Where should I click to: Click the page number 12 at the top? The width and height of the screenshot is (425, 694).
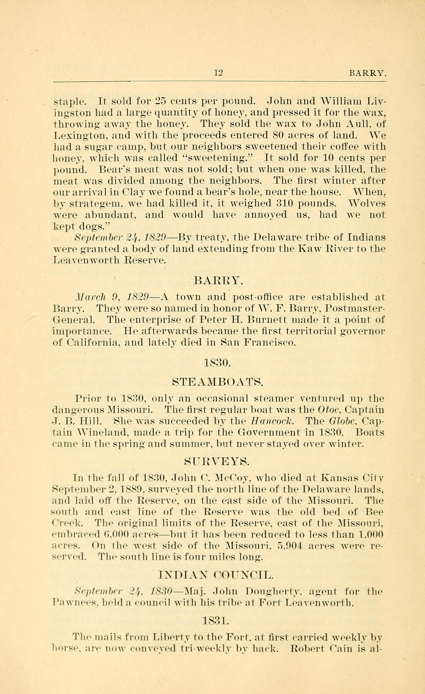click(218, 73)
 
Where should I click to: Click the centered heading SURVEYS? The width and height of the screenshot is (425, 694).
click(217, 461)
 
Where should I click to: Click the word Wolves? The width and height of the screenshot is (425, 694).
click(367, 203)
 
